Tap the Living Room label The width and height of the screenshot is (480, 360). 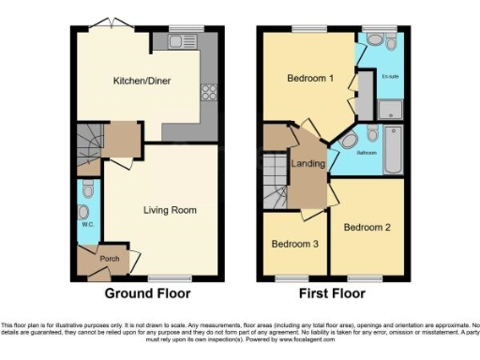pos(170,210)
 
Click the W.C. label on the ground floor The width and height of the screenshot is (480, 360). pos(86,225)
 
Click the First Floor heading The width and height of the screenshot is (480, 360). pos(332,293)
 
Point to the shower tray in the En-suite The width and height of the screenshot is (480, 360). pos(389,110)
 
